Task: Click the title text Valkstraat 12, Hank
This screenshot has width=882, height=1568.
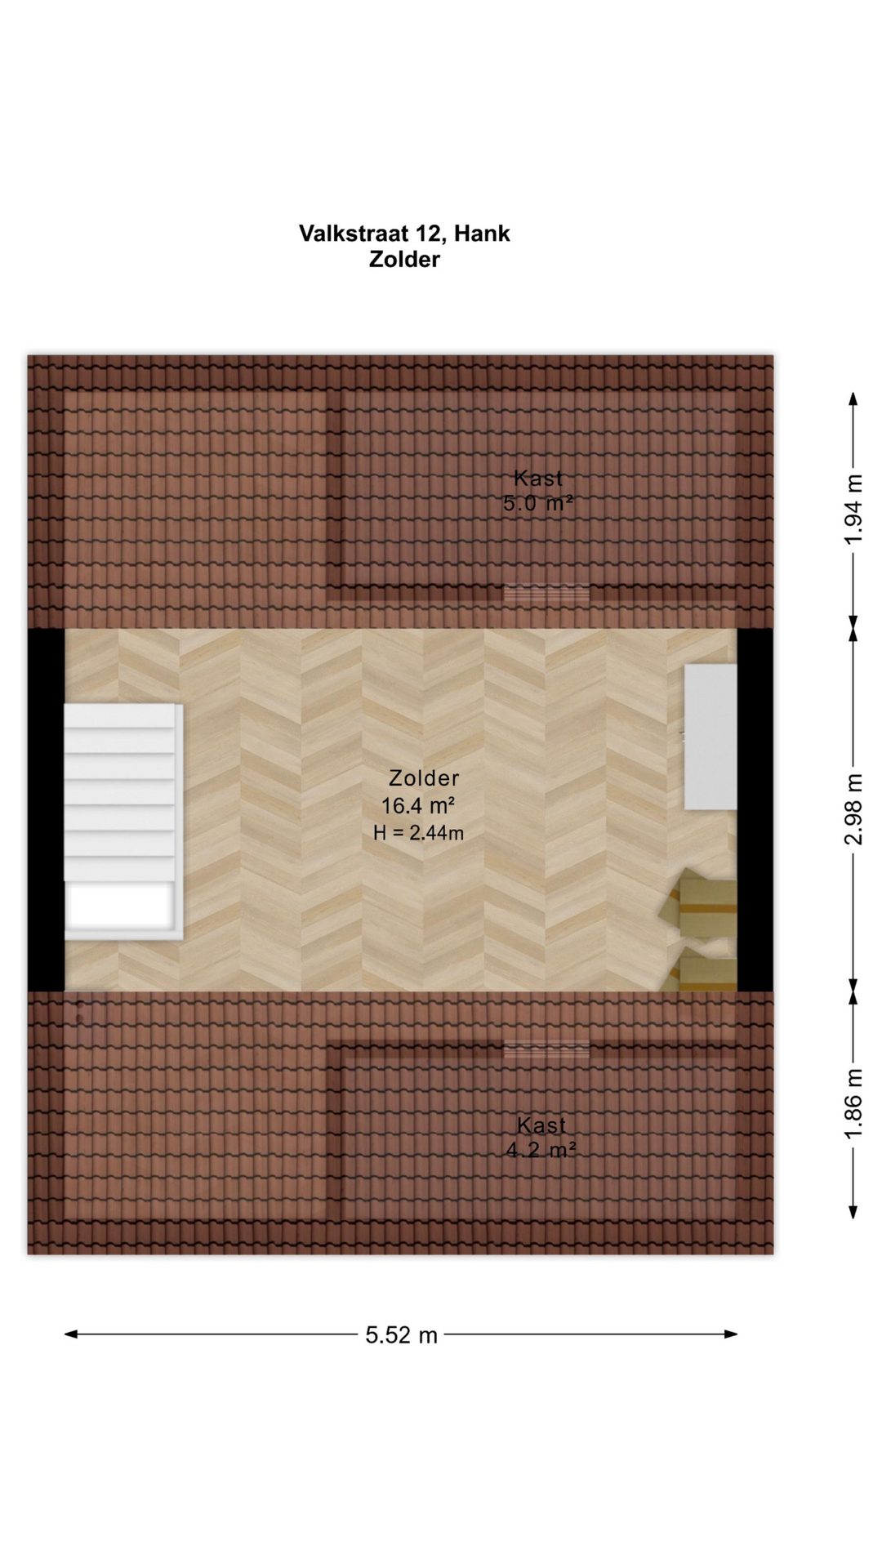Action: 404,234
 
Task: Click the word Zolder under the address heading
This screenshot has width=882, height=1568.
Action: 404,260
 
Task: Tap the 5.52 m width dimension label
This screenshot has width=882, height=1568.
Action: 401,1335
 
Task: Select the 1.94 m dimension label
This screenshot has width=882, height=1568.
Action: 853,510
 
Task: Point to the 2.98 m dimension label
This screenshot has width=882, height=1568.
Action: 853,809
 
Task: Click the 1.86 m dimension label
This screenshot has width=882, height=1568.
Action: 853,1103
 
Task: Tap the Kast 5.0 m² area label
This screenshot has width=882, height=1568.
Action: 538,491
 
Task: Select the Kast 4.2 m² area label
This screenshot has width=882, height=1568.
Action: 541,1138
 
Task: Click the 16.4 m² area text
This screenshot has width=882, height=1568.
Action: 417,806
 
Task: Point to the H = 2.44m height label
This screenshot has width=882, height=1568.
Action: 418,833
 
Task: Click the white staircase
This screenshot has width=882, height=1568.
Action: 123,822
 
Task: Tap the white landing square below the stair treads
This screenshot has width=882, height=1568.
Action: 121,906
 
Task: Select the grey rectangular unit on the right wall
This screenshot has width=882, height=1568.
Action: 710,737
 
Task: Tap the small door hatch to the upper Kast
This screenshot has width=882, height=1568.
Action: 546,594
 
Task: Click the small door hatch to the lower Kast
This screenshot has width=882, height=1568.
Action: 546,1049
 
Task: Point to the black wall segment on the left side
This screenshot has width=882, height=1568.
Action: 47,809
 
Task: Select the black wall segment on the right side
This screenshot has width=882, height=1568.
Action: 755,809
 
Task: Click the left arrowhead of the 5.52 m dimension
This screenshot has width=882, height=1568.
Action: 71,1334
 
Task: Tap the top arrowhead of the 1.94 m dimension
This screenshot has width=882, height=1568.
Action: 853,399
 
